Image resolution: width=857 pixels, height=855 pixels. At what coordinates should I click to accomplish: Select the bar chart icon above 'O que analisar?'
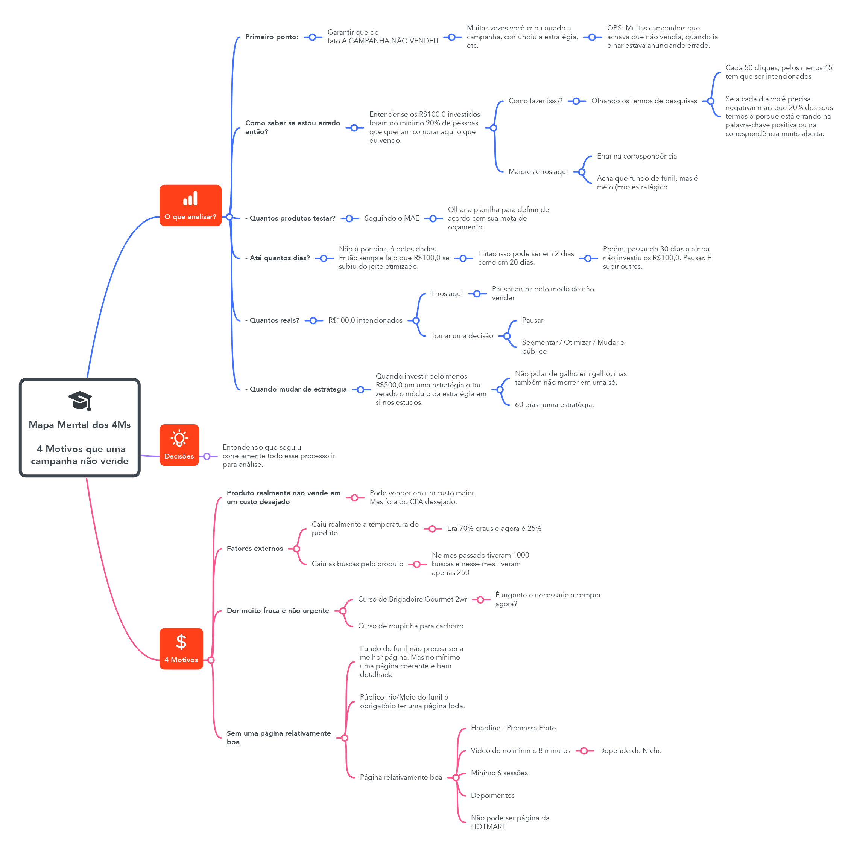[190, 198]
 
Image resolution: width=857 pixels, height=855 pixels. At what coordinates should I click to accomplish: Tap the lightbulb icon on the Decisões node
[179, 438]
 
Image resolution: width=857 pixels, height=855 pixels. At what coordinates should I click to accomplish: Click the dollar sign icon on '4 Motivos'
[181, 642]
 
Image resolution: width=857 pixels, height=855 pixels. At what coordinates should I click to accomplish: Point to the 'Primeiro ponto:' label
[272, 37]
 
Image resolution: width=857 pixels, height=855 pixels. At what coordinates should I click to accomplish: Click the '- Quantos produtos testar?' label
[290, 218]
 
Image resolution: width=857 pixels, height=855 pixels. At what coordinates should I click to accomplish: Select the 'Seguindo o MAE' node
[392, 218]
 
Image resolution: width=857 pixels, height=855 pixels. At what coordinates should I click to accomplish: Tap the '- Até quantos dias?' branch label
[278, 258]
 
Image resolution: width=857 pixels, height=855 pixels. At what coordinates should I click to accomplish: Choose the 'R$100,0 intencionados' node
[365, 320]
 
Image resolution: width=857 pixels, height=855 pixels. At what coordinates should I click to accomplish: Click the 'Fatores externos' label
[255, 549]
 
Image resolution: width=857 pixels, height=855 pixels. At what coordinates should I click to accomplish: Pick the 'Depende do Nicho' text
[630, 751]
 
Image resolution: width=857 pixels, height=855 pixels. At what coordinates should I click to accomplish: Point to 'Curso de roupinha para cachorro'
[410, 626]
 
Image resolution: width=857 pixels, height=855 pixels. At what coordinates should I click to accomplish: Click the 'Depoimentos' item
[492, 796]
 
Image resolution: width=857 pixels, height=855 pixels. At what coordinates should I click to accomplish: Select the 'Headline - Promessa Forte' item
[513, 728]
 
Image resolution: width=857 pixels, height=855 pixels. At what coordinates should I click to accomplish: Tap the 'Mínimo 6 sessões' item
[499, 773]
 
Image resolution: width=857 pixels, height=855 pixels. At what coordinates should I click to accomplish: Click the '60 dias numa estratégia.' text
[554, 405]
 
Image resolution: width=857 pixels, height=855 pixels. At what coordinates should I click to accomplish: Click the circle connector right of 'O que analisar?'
[229, 217]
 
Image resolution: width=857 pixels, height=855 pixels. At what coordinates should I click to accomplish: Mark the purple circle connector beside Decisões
[207, 456]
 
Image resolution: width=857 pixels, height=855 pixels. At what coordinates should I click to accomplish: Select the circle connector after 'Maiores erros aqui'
[582, 172]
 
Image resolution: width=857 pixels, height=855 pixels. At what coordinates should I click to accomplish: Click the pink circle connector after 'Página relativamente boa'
[456, 778]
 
